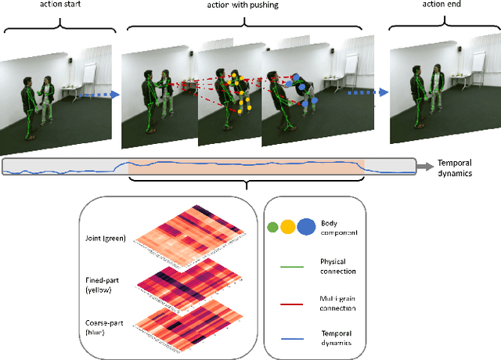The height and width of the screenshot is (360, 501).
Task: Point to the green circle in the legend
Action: pos(272,228)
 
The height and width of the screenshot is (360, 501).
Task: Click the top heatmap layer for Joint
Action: pos(192,235)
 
